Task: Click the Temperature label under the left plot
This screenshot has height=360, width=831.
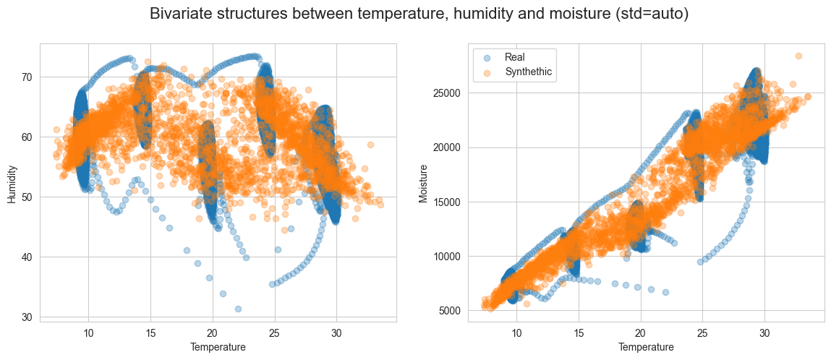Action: click(218, 347)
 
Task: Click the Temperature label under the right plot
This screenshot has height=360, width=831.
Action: click(646, 347)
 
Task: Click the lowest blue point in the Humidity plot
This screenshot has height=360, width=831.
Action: click(238, 309)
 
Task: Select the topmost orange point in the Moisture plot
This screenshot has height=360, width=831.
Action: click(798, 56)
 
